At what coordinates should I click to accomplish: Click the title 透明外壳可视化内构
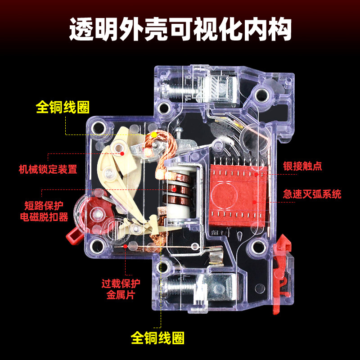pyautogui.click(x=180, y=29)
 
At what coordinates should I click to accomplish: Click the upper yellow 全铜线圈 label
pyautogui.click(x=63, y=107)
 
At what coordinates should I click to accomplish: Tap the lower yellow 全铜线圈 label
pyautogui.click(x=158, y=337)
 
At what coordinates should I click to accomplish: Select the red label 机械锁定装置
pyautogui.click(x=48, y=170)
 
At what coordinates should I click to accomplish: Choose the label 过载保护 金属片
pyautogui.click(x=121, y=289)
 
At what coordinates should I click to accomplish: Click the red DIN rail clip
pyautogui.click(x=281, y=270)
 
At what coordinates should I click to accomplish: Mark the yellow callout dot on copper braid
pyautogui.click(x=153, y=134)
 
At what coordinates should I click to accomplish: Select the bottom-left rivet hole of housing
pyautogui.click(x=96, y=246)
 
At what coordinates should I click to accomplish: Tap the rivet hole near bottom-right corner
pyautogui.click(x=259, y=246)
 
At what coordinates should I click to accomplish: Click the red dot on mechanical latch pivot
pyautogui.click(x=122, y=153)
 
